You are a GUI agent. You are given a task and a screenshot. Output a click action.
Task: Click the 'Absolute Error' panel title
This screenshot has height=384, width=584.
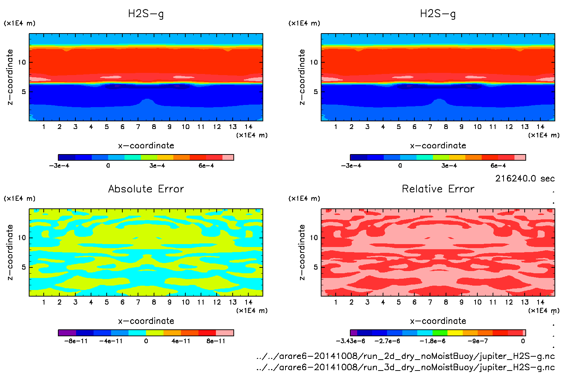146,189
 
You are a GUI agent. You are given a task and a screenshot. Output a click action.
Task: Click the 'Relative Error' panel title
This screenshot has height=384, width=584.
438,189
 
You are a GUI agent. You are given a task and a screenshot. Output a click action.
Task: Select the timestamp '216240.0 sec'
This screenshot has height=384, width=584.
525,179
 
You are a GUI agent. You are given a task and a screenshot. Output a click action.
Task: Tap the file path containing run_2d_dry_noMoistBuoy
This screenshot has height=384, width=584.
405,356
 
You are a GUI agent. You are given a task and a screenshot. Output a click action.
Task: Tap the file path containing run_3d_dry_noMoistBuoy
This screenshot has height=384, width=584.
405,367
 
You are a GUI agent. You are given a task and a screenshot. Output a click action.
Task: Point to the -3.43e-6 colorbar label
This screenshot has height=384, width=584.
350,341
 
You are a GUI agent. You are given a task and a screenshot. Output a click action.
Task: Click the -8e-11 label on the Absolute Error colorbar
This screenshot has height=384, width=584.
76,341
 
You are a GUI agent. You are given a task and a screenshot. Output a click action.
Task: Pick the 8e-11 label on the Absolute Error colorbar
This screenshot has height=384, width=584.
216,341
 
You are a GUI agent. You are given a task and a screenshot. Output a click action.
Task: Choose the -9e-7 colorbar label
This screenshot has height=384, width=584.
477,341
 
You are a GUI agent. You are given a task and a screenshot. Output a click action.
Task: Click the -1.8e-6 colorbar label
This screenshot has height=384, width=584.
432,341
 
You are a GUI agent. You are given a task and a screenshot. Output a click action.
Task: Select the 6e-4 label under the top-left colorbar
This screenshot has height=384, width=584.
206,165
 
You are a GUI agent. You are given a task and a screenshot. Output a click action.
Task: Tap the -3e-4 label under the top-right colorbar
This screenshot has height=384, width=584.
351,165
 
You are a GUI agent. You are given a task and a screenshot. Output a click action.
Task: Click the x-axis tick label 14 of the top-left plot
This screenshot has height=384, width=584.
248,127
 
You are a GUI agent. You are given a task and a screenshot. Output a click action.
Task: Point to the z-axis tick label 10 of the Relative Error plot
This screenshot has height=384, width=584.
314,238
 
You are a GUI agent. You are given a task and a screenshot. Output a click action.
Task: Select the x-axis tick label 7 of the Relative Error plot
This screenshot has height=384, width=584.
430,302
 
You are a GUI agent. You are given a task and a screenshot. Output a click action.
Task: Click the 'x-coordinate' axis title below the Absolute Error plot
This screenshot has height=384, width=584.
146,321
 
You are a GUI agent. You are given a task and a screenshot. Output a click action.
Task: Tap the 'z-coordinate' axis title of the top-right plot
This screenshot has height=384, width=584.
302,77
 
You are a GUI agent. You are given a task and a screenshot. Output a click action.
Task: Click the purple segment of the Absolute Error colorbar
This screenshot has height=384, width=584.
67,333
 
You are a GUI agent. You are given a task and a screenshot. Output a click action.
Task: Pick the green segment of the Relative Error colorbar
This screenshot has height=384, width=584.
440,333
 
